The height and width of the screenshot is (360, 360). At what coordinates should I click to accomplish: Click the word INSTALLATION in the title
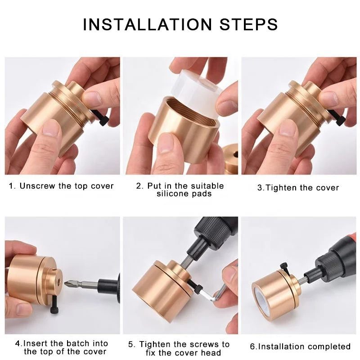[147, 24]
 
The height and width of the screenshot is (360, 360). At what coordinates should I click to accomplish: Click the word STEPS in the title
[249, 24]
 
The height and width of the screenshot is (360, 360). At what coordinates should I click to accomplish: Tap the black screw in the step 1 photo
[101, 117]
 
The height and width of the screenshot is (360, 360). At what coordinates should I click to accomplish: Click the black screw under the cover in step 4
[55, 305]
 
